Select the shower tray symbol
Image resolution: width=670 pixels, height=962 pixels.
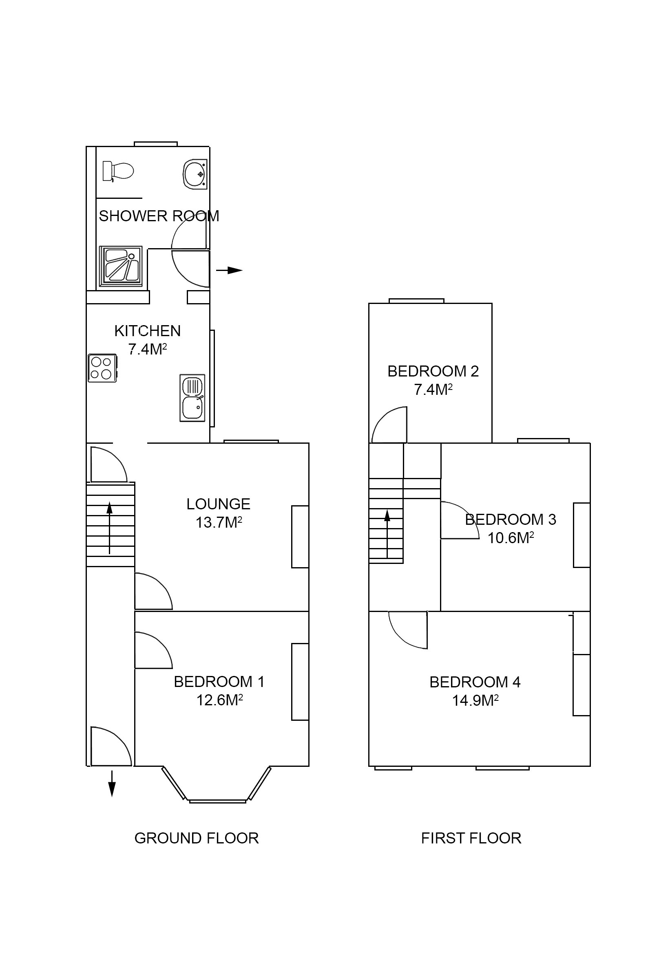pos(120,266)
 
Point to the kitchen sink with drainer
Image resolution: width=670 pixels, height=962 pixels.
pos(192,397)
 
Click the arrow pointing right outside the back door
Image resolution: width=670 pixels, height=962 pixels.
pos(229,270)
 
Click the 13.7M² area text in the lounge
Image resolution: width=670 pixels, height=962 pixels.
pos(219,522)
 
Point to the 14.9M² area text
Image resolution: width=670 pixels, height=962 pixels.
pos(475,700)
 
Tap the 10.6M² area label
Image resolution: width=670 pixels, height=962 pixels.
pos(510,537)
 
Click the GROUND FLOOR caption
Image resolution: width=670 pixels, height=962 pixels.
pos(196,838)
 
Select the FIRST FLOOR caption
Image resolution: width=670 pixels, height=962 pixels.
pos(471,838)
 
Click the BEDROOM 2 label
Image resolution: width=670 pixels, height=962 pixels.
pos(433,371)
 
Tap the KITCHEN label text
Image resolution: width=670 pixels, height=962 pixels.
pos(147,331)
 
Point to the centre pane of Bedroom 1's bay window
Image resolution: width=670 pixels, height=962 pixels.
pos(217,801)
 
